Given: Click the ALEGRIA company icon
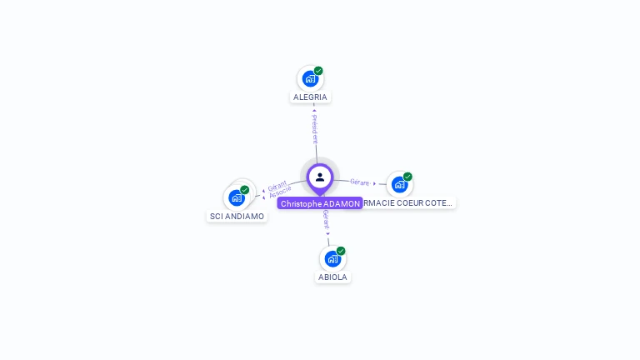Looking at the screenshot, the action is [x=310, y=79].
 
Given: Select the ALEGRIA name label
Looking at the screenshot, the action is [x=310, y=97].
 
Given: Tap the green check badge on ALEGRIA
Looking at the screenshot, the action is [x=318, y=71].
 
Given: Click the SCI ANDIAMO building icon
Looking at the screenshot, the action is [x=237, y=198].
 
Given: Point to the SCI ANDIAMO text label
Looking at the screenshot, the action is [x=237, y=216].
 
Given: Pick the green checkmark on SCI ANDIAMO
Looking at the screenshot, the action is [x=245, y=190].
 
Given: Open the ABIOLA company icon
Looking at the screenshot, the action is [x=332, y=259].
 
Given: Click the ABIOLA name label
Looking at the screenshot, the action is [x=332, y=277].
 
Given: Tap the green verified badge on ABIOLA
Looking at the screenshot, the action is [x=341, y=251].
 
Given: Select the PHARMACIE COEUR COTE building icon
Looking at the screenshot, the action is [x=399, y=184].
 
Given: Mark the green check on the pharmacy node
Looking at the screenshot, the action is [x=407, y=177].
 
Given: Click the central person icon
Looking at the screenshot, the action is [x=320, y=177].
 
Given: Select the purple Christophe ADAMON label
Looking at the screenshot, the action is [x=320, y=203].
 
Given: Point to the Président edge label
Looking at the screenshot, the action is [x=314, y=130].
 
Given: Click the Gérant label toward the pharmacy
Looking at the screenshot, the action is [x=359, y=182].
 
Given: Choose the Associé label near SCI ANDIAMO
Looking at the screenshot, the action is [x=281, y=191].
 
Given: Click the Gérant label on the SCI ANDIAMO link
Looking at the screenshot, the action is [x=277, y=185].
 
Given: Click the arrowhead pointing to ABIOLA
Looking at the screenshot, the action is [x=328, y=234].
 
